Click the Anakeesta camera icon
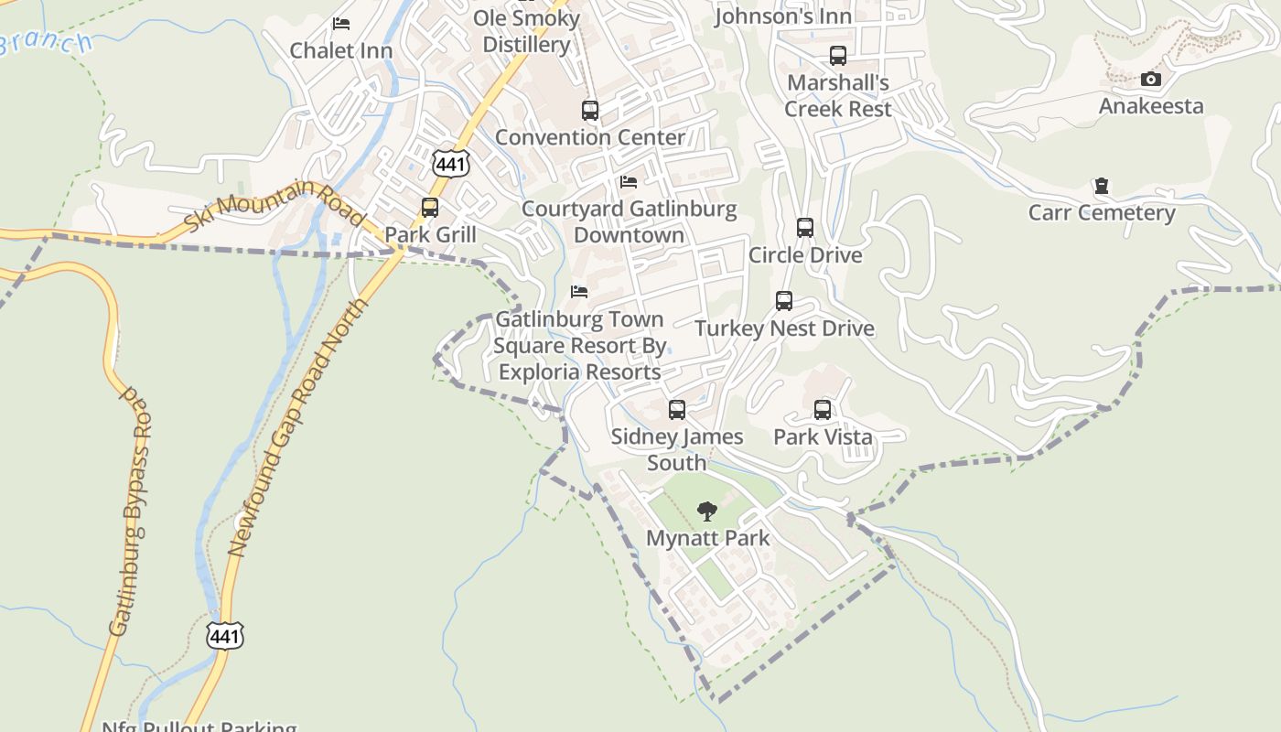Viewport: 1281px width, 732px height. point(1151,80)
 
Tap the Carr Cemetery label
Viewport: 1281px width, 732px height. point(1101,213)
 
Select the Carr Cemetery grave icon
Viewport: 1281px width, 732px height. point(1102,187)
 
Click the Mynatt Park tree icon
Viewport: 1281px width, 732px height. point(706,511)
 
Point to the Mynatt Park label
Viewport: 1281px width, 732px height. point(707,538)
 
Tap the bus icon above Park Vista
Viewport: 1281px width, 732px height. point(823,410)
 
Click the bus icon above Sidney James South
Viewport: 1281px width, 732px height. point(677,410)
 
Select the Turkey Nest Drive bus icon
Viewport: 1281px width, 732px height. point(784,301)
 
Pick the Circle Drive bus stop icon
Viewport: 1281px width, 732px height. point(805,228)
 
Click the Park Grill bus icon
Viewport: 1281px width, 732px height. point(430,208)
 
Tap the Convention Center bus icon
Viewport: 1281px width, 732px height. point(590,111)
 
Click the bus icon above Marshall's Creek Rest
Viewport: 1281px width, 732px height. point(838,56)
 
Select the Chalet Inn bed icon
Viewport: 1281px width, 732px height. point(341,24)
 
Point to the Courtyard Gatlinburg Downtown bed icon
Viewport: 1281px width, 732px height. point(629,182)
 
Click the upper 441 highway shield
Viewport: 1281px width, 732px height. point(451,163)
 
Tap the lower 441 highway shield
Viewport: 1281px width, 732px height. point(225,635)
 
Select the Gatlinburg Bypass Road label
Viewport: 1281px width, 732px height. point(131,512)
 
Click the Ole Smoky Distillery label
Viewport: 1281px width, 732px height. point(527,31)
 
